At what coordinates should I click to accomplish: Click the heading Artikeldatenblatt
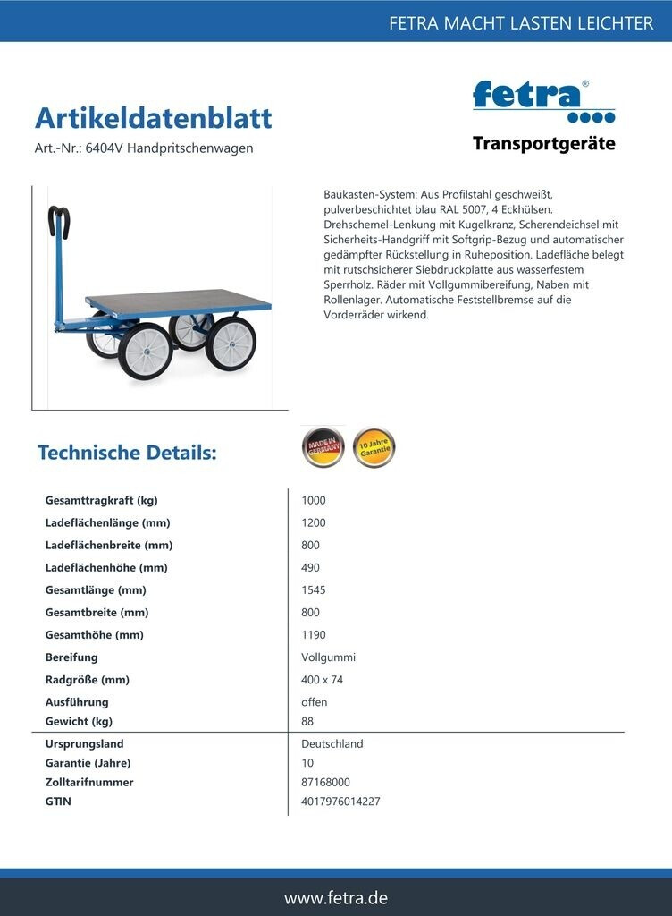tap(153, 118)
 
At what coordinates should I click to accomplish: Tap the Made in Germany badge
tap(323, 447)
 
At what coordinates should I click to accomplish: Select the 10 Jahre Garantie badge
tap(374, 447)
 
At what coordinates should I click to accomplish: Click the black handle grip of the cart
tap(60, 220)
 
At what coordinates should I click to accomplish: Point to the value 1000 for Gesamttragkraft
tap(314, 501)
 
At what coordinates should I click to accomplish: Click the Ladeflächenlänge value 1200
tap(314, 523)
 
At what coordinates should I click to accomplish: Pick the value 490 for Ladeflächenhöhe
tap(310, 568)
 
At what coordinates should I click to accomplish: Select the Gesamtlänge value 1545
tap(314, 590)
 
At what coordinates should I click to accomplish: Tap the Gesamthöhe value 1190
tap(314, 635)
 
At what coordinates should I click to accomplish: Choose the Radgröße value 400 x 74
tap(322, 680)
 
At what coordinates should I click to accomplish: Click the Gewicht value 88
tap(307, 722)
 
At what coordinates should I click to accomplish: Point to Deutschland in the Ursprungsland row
tap(332, 744)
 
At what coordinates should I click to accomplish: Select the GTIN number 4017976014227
tap(340, 801)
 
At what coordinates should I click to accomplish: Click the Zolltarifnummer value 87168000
tap(325, 782)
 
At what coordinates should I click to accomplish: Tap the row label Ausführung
tap(77, 702)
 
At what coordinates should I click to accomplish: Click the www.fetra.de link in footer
tap(336, 897)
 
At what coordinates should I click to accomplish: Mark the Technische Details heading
tap(127, 453)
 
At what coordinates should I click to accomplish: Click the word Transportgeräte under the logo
tap(543, 144)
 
